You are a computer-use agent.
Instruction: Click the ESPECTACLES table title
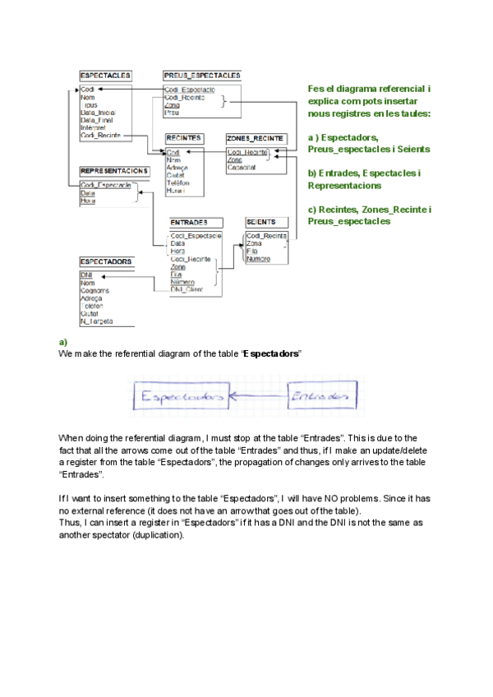(104, 75)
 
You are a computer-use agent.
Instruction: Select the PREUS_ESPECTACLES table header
(201, 75)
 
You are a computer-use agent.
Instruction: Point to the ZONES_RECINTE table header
(256, 138)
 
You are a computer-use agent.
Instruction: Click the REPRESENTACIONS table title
(114, 170)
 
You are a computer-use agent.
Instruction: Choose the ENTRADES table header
(188, 223)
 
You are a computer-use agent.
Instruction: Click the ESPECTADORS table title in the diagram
(106, 261)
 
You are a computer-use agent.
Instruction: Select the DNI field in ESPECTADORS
(85, 275)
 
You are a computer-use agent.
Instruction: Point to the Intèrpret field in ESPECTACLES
(94, 128)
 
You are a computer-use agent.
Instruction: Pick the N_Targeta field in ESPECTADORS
(96, 321)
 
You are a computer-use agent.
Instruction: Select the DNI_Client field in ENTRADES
(187, 289)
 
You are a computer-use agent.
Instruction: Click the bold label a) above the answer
(62, 341)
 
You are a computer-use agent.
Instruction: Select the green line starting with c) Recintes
(370, 210)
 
